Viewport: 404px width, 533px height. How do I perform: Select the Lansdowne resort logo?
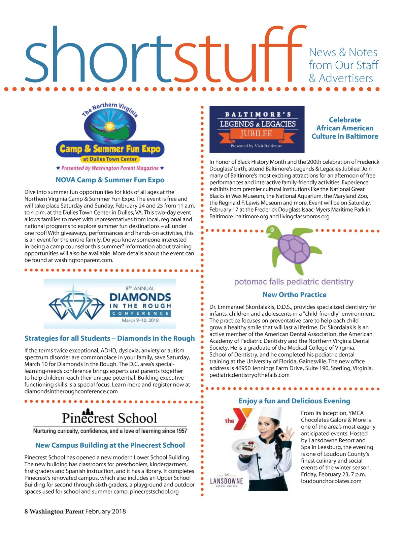tap(226, 481)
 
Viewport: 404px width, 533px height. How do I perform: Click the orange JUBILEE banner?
tap(256, 134)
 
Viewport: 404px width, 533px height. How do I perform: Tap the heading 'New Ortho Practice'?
tap(294, 295)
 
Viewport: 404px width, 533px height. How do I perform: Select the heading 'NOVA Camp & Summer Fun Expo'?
tap(110, 180)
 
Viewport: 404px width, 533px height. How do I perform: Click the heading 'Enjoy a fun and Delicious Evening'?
tap(294, 401)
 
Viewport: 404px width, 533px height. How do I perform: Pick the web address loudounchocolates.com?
tap(331, 481)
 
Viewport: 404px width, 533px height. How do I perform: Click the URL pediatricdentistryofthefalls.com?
tap(249, 375)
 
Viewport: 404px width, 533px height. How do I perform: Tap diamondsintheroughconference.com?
tap(71, 391)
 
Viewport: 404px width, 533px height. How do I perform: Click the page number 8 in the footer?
tap(26, 511)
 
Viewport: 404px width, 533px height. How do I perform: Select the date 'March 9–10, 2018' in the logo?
tap(140, 320)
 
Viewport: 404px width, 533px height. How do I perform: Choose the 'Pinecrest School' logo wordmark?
tap(110, 418)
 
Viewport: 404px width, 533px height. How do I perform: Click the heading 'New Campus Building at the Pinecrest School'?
tap(110, 445)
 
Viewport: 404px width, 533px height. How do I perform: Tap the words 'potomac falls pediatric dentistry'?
tap(294, 282)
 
